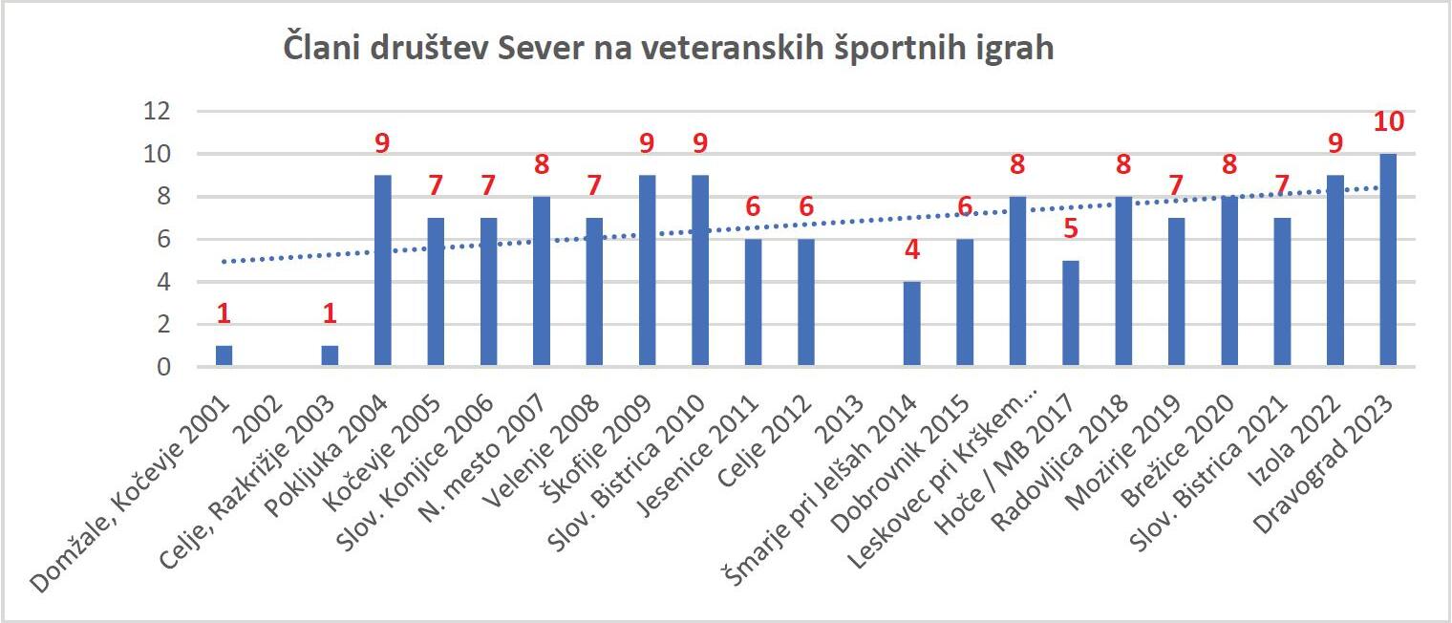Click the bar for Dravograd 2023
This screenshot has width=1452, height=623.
pos(1388,259)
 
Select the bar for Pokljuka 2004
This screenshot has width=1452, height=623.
pos(382,270)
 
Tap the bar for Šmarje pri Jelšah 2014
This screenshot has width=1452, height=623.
pos(912,324)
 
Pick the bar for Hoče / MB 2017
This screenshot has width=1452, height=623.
pos(1071,313)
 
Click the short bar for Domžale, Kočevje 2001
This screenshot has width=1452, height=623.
pos(224,355)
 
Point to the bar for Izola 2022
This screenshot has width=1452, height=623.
pos(1335,270)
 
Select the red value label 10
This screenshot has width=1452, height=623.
pos(1389,122)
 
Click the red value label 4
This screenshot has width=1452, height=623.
pos(912,249)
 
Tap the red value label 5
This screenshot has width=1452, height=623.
pos(1071,228)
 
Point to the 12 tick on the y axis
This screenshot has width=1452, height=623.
pos(157,111)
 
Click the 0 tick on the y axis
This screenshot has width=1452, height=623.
pos(163,367)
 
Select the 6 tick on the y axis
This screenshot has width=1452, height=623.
pos(163,239)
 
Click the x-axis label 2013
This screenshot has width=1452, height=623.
pos(841,420)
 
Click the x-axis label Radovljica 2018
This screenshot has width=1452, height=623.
pos(1060,463)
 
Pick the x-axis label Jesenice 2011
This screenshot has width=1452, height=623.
pos(697,457)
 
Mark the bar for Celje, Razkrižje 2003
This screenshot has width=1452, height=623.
pos(330,355)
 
